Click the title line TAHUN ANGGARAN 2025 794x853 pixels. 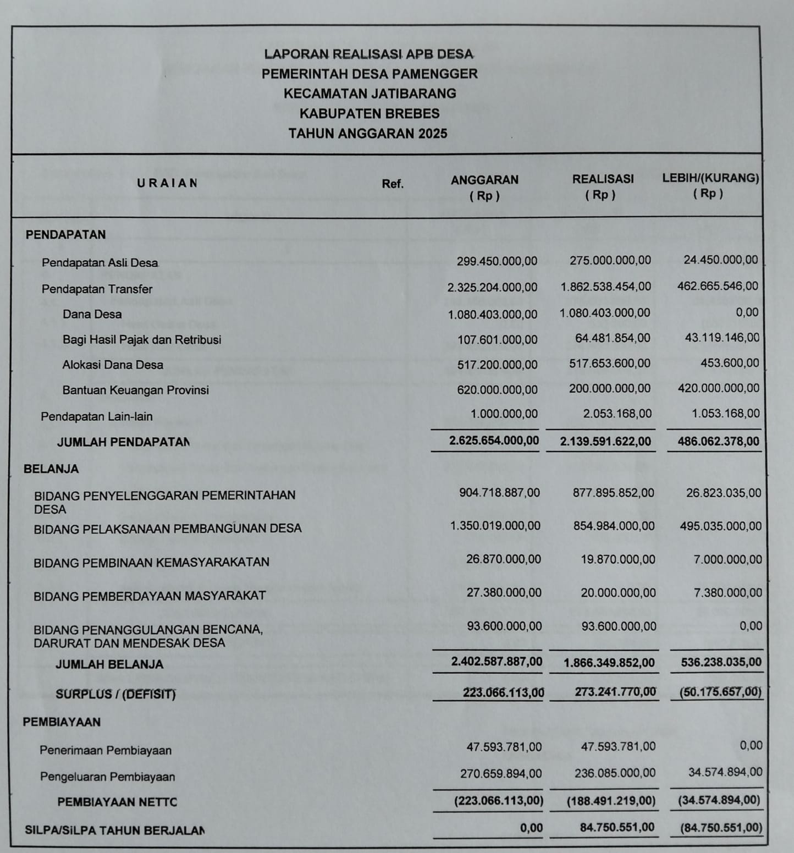368,134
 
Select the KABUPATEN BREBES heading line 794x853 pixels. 370,114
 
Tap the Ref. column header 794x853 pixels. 393,184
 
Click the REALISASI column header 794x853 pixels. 603,179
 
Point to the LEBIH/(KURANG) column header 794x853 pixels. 710,178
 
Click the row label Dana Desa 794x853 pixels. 92,315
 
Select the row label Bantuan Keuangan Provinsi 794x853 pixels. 136,390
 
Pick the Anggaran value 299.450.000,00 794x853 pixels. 497,261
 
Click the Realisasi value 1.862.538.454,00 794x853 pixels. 606,287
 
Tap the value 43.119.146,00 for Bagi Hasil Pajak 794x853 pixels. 722,338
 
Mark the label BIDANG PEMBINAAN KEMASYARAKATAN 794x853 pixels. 151,563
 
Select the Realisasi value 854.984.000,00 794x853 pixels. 614,526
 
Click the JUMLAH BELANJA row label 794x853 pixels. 109,664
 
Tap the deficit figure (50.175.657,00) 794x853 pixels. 721,692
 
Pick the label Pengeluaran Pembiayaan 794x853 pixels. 107,777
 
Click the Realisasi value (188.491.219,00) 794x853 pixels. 611,801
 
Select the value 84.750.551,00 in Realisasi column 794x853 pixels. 617,828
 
